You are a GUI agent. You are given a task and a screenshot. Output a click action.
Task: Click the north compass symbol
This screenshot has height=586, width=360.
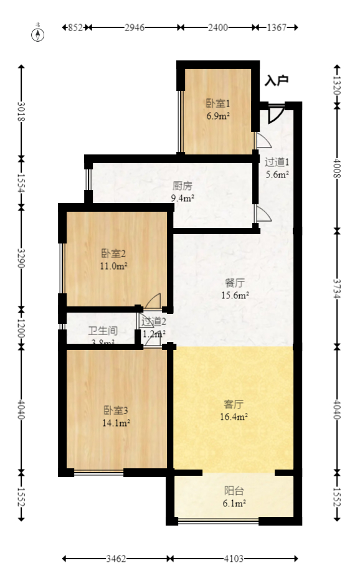click(x=38, y=34)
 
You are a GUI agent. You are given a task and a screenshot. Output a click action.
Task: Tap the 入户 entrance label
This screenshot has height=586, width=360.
click(x=277, y=81)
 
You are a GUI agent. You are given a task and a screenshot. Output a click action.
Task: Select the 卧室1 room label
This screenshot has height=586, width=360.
click(x=218, y=104)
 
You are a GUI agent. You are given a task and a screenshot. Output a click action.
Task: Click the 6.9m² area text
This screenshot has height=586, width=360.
click(x=218, y=116)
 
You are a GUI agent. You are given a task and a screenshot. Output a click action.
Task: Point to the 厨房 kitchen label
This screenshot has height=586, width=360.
click(x=182, y=186)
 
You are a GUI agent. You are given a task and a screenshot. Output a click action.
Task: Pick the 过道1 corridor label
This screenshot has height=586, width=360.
click(x=277, y=163)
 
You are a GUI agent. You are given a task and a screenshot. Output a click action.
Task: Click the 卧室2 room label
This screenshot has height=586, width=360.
click(x=114, y=253)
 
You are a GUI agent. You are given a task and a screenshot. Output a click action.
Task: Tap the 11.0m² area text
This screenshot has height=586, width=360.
click(x=114, y=266)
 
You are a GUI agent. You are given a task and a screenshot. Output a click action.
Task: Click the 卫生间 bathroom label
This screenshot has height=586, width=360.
click(x=103, y=331)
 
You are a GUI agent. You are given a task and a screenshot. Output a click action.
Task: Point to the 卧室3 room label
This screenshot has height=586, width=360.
click(x=116, y=410)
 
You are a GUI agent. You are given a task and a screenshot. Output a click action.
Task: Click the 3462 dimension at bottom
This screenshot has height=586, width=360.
click(x=116, y=559)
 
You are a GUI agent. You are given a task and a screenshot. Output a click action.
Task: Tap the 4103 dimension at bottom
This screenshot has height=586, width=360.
click(x=234, y=559)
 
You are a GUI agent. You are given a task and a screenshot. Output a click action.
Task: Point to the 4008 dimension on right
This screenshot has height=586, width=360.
click(x=337, y=168)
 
